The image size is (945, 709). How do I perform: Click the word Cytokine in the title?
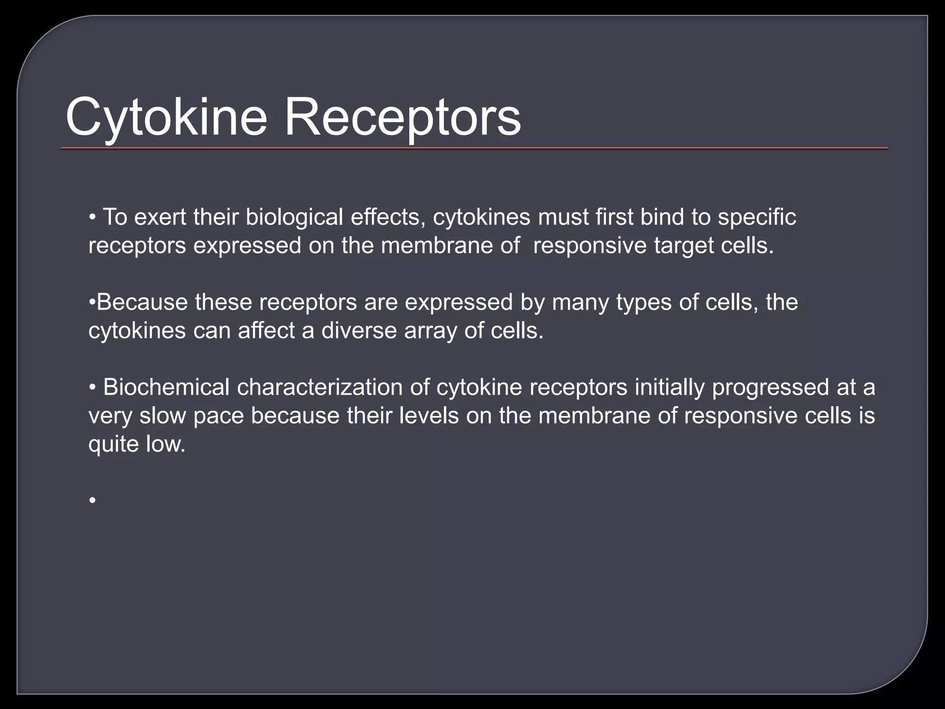click(x=166, y=118)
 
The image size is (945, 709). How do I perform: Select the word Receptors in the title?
click(x=402, y=118)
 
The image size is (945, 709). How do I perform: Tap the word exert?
click(x=160, y=217)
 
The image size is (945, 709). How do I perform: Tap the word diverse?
click(x=359, y=330)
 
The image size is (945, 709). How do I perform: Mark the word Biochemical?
click(x=166, y=387)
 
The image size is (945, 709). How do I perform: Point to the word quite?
click(x=114, y=444)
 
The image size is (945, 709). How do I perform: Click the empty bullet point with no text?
click(x=93, y=500)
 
